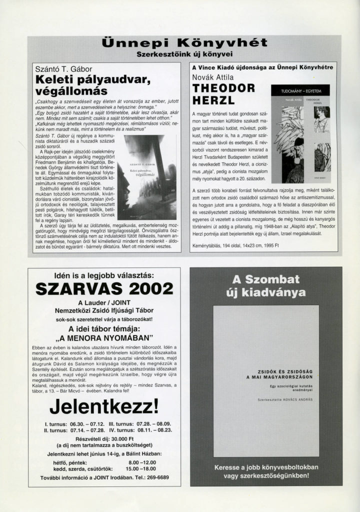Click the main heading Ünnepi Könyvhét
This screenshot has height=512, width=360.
(184, 43)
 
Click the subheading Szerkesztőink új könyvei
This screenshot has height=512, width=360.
(184, 53)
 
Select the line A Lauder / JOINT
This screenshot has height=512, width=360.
(104, 303)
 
